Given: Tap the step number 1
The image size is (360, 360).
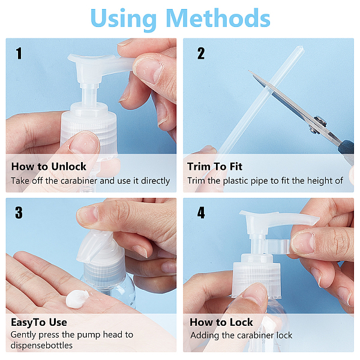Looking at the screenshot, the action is point(19,53).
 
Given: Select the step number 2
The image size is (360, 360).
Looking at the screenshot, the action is point(201,53).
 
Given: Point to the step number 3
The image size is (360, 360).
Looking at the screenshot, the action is point(19,212).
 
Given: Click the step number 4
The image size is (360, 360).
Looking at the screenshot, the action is point(201,212).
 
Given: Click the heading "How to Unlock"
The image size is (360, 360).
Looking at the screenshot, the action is point(49,166).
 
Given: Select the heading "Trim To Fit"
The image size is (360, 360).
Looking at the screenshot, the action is point(215,166).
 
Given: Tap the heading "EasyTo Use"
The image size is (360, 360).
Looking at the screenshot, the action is point(39,323).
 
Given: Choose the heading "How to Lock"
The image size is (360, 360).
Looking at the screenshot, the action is point(221,322).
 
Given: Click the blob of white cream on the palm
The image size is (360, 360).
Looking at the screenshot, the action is point(77,299).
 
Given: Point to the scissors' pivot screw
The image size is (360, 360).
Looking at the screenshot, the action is point(320,121).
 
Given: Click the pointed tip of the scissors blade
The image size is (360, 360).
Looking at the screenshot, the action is point(248,71).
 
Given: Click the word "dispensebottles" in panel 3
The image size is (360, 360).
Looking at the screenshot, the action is point(41,346).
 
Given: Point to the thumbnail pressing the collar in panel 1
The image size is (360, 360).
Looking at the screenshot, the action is point(85,143).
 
